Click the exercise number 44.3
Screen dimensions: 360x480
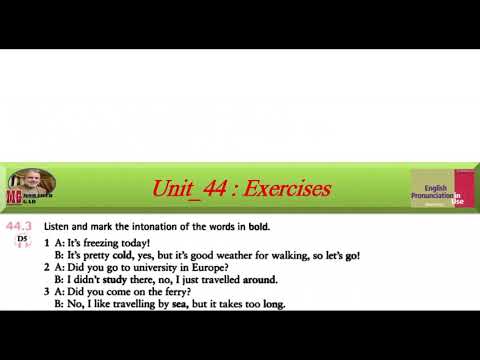[23, 228]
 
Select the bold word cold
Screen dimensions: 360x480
[123, 256]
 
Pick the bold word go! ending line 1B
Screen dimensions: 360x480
[350, 256]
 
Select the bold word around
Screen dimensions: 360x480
[260, 280]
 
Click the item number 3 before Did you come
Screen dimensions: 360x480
[47, 292]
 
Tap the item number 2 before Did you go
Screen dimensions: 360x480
[47, 268]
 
